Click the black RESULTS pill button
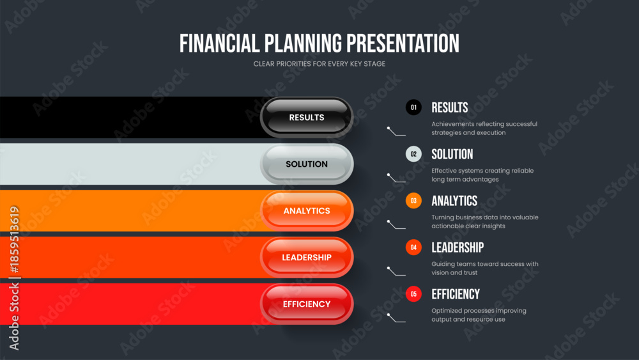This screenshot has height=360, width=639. click(307, 118)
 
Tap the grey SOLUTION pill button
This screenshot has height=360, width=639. click(307, 164)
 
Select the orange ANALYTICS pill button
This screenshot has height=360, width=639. click(307, 211)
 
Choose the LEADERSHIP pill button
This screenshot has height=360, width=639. click(307, 257)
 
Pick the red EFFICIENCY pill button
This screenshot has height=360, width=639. click(307, 304)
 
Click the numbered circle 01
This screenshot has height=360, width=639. click(413, 107)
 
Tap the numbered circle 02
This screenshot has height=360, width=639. click(413, 154)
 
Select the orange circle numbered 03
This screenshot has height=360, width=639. click(413, 201)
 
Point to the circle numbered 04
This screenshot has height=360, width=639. click(413, 247)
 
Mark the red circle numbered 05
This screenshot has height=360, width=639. click(413, 294)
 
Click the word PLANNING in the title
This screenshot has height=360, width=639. click(303, 43)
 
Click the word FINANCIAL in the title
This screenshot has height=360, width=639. click(219, 43)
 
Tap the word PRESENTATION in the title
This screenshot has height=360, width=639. click(403, 43)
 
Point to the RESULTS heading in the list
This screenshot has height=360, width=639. click(449, 107)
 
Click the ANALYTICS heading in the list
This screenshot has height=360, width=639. click(454, 201)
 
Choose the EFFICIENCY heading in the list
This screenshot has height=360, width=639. click(456, 294)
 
